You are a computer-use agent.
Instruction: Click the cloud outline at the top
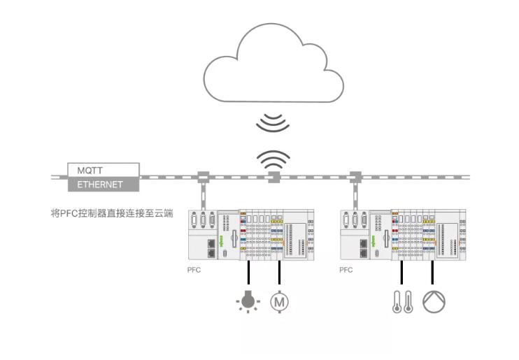[273, 66]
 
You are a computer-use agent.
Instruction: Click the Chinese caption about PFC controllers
[111, 213]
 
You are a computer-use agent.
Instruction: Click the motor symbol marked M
[280, 301]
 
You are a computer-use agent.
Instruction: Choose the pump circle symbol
[434, 301]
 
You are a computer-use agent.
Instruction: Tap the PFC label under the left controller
[194, 270]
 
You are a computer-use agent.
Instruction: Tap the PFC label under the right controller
[346, 270]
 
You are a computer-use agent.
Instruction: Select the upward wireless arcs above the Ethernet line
[273, 160]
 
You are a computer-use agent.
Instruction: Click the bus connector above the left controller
[204, 178]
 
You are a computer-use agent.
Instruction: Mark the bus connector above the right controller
[355, 178]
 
